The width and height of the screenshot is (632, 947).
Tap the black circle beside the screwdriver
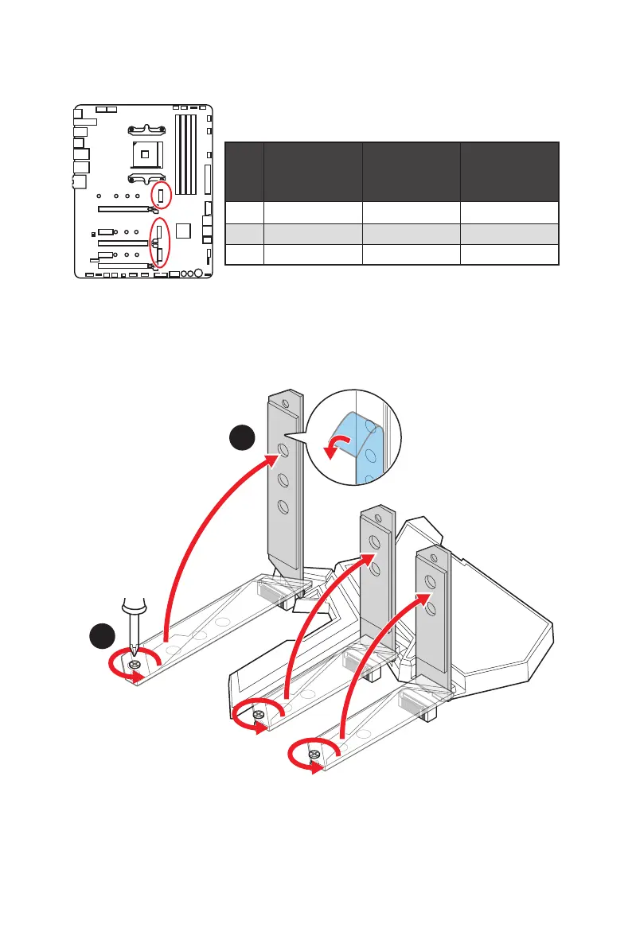tap(101, 638)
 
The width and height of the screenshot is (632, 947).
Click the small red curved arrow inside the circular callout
tap(338, 445)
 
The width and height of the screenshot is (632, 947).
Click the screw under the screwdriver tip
tap(135, 664)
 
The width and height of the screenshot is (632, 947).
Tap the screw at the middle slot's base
tap(258, 715)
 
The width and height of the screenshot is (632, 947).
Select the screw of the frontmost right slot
tap(314, 754)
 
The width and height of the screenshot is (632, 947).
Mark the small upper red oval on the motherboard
tap(161, 195)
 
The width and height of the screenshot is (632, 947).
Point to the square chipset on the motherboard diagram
tap(185, 231)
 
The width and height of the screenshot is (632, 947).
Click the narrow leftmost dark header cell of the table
tap(244, 172)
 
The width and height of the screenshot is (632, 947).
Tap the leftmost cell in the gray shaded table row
tap(244, 233)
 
